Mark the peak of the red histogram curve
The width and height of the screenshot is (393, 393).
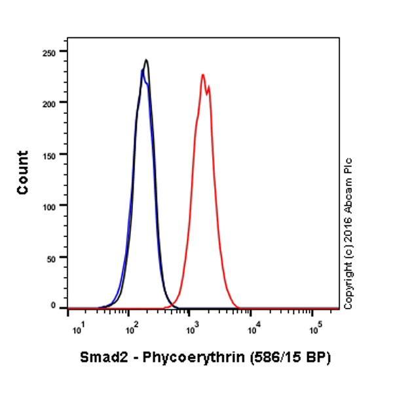click(203, 75)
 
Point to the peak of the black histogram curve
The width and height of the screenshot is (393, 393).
click(146, 60)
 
